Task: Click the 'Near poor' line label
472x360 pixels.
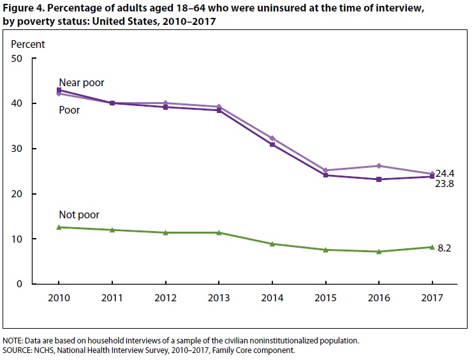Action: pyautogui.click(x=81, y=82)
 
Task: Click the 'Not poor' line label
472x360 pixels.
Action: pyautogui.click(x=78, y=215)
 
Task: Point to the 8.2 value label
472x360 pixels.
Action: pyautogui.click(x=445, y=248)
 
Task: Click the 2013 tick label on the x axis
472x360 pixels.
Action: pyautogui.click(x=219, y=297)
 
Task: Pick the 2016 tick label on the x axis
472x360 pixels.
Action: pyautogui.click(x=378, y=297)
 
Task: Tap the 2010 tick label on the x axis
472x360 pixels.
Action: pyautogui.click(x=59, y=297)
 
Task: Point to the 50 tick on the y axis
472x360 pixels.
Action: pyautogui.click(x=17, y=59)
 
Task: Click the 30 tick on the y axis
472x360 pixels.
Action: pyautogui.click(x=17, y=149)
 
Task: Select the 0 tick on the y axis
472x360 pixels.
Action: pyautogui.click(x=20, y=284)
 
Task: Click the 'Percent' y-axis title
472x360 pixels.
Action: pyautogui.click(x=29, y=45)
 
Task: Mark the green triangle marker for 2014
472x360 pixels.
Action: pyautogui.click(x=272, y=244)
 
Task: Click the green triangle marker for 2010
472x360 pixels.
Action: pyautogui.click(x=59, y=227)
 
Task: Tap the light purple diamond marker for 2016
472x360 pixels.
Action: pyautogui.click(x=378, y=166)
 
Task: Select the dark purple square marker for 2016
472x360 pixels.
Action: pyautogui.click(x=378, y=179)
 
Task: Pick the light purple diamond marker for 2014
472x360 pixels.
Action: pyautogui.click(x=272, y=138)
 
